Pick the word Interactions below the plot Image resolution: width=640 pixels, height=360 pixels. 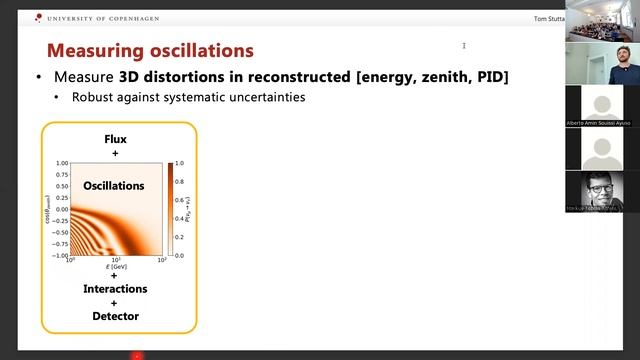coord(115,289)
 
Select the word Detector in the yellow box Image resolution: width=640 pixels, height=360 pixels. coord(115,316)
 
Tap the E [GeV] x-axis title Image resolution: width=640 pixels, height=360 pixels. coord(115,268)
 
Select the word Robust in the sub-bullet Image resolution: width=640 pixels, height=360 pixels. coord(93,98)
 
